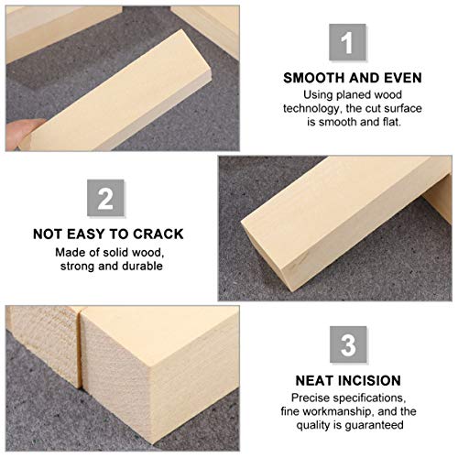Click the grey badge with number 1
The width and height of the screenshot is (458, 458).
click(x=346, y=43)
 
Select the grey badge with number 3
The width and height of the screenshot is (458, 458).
click(x=346, y=345)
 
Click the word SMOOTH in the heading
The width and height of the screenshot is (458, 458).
click(x=314, y=77)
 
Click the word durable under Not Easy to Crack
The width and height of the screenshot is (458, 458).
click(x=143, y=267)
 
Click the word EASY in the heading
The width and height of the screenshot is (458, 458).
click(x=99, y=233)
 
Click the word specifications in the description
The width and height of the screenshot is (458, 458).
click(x=371, y=398)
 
